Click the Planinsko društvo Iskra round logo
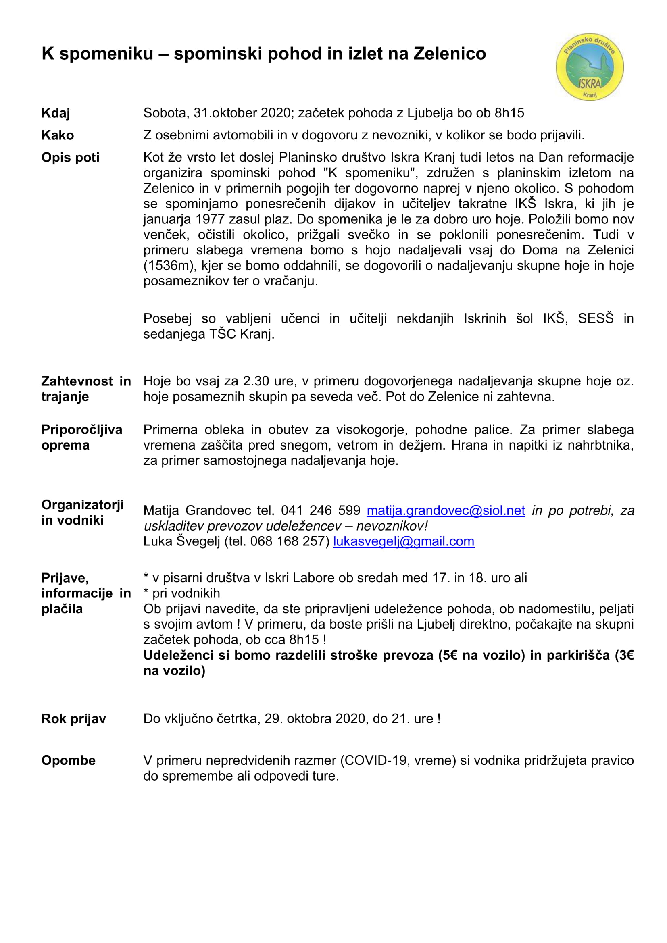590,67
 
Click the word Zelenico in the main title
449,54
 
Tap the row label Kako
58,135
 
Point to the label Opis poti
70,158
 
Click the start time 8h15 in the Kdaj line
509,113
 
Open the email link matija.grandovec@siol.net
445,510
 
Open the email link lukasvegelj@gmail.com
403,541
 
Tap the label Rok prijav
73,719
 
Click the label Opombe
68,761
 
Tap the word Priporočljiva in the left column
82,430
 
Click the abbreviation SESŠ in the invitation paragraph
596,318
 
